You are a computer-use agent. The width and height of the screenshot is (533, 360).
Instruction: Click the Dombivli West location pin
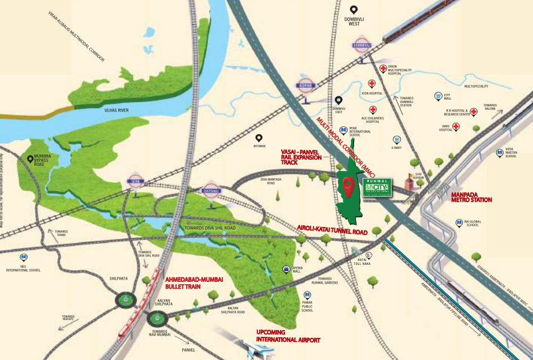[354, 10]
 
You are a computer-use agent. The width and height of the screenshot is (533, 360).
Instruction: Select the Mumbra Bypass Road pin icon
[30, 160]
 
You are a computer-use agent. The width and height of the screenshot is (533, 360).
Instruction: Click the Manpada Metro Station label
[471, 196]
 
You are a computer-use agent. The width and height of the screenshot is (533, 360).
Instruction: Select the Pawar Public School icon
[307, 295]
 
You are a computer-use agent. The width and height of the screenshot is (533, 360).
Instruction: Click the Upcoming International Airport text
[288, 335]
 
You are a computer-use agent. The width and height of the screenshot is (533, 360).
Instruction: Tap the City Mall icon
[439, 97]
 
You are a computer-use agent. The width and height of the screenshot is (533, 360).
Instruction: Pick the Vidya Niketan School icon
[500, 152]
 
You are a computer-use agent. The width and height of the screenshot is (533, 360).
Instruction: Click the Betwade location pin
[259, 138]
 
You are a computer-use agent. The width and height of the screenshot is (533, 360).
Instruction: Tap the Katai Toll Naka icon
[369, 256]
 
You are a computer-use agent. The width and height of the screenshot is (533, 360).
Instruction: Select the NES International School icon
[23, 257]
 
